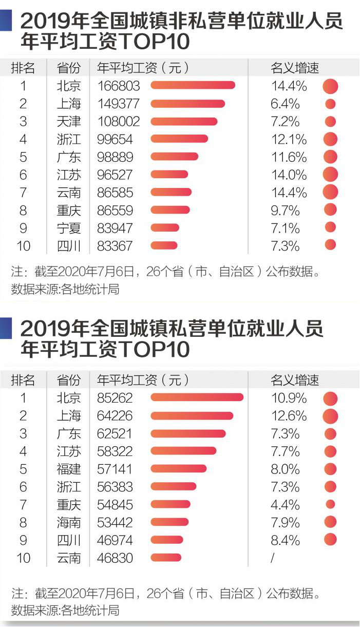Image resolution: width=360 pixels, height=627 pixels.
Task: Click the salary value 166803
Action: (x=118, y=86)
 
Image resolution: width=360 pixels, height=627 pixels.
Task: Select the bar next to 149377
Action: (x=187, y=104)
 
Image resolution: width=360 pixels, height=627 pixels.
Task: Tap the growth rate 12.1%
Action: (x=289, y=139)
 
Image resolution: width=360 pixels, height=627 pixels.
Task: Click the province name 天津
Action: (x=69, y=122)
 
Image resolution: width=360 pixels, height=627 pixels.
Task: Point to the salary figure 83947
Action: (x=115, y=228)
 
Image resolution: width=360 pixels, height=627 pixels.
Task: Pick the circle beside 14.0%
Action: (x=330, y=175)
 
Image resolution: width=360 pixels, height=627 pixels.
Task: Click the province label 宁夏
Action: (x=69, y=228)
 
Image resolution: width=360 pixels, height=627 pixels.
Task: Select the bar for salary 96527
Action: (x=169, y=175)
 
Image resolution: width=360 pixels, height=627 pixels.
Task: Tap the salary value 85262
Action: (x=115, y=398)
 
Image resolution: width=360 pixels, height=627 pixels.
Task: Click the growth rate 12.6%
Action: (x=289, y=415)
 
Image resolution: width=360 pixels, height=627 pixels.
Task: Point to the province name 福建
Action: (x=69, y=469)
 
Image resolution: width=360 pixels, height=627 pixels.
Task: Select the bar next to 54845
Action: (x=170, y=504)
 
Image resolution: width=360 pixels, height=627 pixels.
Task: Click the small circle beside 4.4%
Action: (x=330, y=504)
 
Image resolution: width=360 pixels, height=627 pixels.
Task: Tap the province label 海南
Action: (x=69, y=522)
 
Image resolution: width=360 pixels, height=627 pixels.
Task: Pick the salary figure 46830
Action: (x=115, y=558)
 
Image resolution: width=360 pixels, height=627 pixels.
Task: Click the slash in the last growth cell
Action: (x=273, y=558)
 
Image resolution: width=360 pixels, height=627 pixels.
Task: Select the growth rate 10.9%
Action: (x=289, y=398)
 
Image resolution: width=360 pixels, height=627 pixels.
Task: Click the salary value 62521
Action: (x=115, y=433)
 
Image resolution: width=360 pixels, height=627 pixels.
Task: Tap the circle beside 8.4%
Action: (x=330, y=540)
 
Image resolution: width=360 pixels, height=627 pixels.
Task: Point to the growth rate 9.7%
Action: (x=285, y=210)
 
